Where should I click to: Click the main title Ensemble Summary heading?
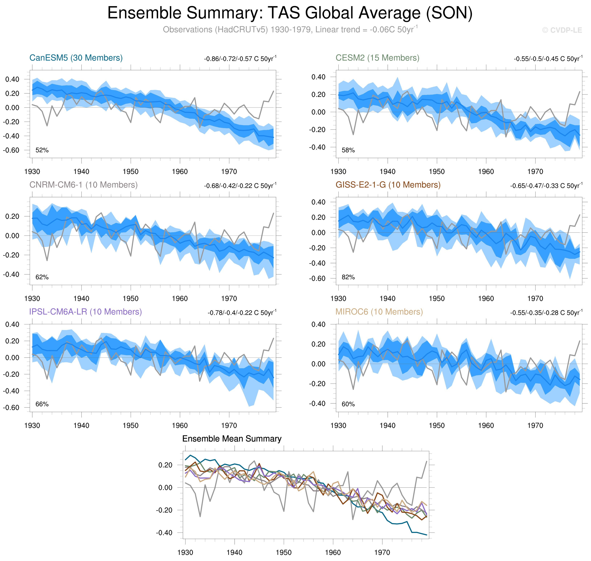[290, 13]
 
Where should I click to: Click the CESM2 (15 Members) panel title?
[377, 58]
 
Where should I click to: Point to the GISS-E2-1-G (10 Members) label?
[388, 185]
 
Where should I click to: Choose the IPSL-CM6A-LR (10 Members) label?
[85, 312]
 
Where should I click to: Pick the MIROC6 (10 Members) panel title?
[379, 312]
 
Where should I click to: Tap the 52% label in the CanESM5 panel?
[42, 150]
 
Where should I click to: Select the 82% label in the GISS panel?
[348, 277]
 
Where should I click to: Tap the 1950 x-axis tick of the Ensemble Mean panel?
[283, 552]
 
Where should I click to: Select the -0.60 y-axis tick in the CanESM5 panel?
[11, 150]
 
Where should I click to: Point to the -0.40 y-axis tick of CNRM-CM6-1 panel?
[11, 274]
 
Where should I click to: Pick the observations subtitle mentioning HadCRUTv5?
[290, 30]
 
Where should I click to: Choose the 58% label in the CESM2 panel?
[348, 150]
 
